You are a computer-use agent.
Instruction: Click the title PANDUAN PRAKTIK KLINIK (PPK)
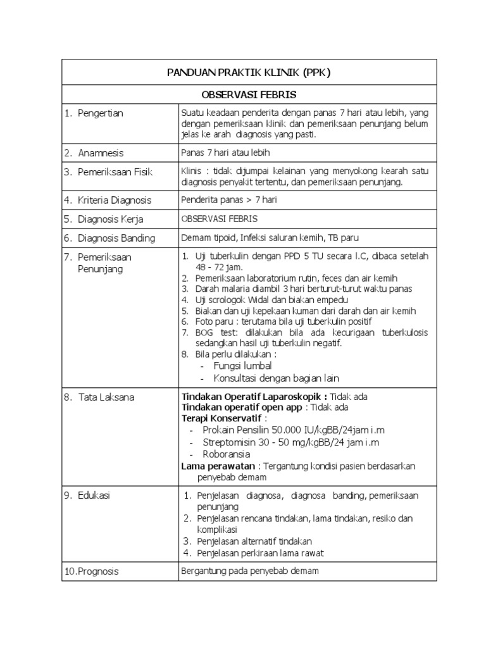pyautogui.click(x=249, y=73)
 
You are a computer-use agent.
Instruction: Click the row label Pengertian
pyautogui.click(x=101, y=113)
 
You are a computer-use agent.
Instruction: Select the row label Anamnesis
pyautogui.click(x=101, y=153)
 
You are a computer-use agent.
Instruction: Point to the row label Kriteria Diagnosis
pyautogui.click(x=115, y=200)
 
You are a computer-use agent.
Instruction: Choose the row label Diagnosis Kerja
pyautogui.click(x=111, y=219)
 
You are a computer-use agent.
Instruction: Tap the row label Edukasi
pyautogui.click(x=94, y=495)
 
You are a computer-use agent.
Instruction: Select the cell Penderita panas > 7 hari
pyautogui.click(x=228, y=200)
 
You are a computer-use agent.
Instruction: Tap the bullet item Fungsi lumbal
pyautogui.click(x=242, y=366)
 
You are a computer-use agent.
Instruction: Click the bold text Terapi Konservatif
pyautogui.click(x=221, y=418)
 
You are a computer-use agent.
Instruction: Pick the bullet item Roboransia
pyautogui.click(x=226, y=454)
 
